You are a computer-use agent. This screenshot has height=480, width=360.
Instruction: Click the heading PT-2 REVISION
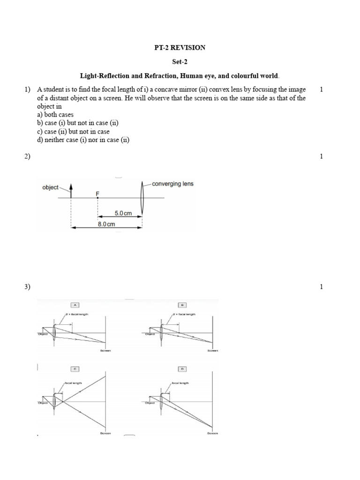pyautogui.click(x=180, y=47)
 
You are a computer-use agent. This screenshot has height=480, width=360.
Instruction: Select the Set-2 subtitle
pyautogui.click(x=180, y=61)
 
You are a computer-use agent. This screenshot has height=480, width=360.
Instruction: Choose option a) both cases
pyautogui.click(x=55, y=114)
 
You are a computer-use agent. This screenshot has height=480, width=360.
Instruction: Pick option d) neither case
pyautogui.click(x=82, y=140)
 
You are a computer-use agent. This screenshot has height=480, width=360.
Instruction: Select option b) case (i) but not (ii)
pyautogui.click(x=77, y=123)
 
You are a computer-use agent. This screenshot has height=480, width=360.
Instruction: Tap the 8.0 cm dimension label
pyautogui.click(x=106, y=224)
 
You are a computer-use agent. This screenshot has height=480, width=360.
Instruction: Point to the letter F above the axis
pyautogui.click(x=97, y=192)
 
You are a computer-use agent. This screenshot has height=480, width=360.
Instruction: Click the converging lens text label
pyautogui.click(x=172, y=184)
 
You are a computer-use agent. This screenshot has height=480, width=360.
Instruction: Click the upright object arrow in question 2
pyautogui.click(x=71, y=191)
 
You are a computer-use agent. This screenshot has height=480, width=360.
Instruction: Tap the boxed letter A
pyautogui.click(x=74, y=303)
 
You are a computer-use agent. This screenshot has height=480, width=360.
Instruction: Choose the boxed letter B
pyautogui.click(x=180, y=303)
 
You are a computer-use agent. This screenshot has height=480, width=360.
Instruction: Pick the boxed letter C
pyautogui.click(x=74, y=367)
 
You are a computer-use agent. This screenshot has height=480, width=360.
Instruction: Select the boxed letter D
pyautogui.click(x=180, y=367)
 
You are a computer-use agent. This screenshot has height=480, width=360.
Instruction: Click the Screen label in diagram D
pyautogui.click(x=213, y=434)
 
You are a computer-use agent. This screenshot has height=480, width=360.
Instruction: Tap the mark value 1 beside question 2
pyautogui.click(x=322, y=157)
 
